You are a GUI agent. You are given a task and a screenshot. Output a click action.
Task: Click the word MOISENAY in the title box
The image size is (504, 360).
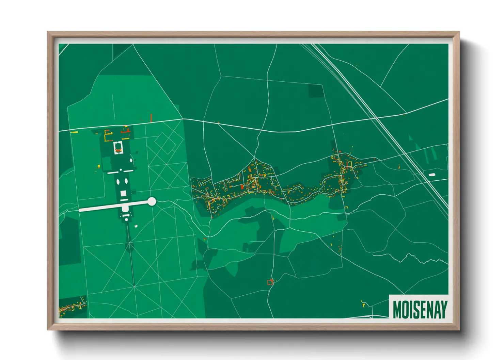click(x=420, y=309)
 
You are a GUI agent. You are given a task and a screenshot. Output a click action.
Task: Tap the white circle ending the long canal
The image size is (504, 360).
click(x=152, y=202)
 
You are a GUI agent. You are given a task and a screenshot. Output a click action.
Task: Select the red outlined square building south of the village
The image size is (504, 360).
click(x=270, y=282)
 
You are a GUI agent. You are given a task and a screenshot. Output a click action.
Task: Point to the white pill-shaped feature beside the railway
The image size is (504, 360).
click(x=432, y=175)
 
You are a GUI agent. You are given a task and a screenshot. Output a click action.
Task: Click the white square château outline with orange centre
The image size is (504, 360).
click(x=118, y=148)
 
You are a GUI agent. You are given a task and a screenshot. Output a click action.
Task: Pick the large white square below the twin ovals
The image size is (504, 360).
click(x=123, y=193)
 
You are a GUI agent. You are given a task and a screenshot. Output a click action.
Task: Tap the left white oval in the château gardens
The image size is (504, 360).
click(x=118, y=182)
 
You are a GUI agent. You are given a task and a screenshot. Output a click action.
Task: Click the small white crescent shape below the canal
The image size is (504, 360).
click(x=136, y=226)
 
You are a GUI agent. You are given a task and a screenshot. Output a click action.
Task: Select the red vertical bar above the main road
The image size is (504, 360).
click(x=151, y=118)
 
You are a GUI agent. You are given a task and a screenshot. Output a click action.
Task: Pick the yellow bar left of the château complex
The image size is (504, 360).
click(x=74, y=132)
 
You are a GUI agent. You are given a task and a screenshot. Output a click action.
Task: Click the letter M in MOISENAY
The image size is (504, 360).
click(x=397, y=309)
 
